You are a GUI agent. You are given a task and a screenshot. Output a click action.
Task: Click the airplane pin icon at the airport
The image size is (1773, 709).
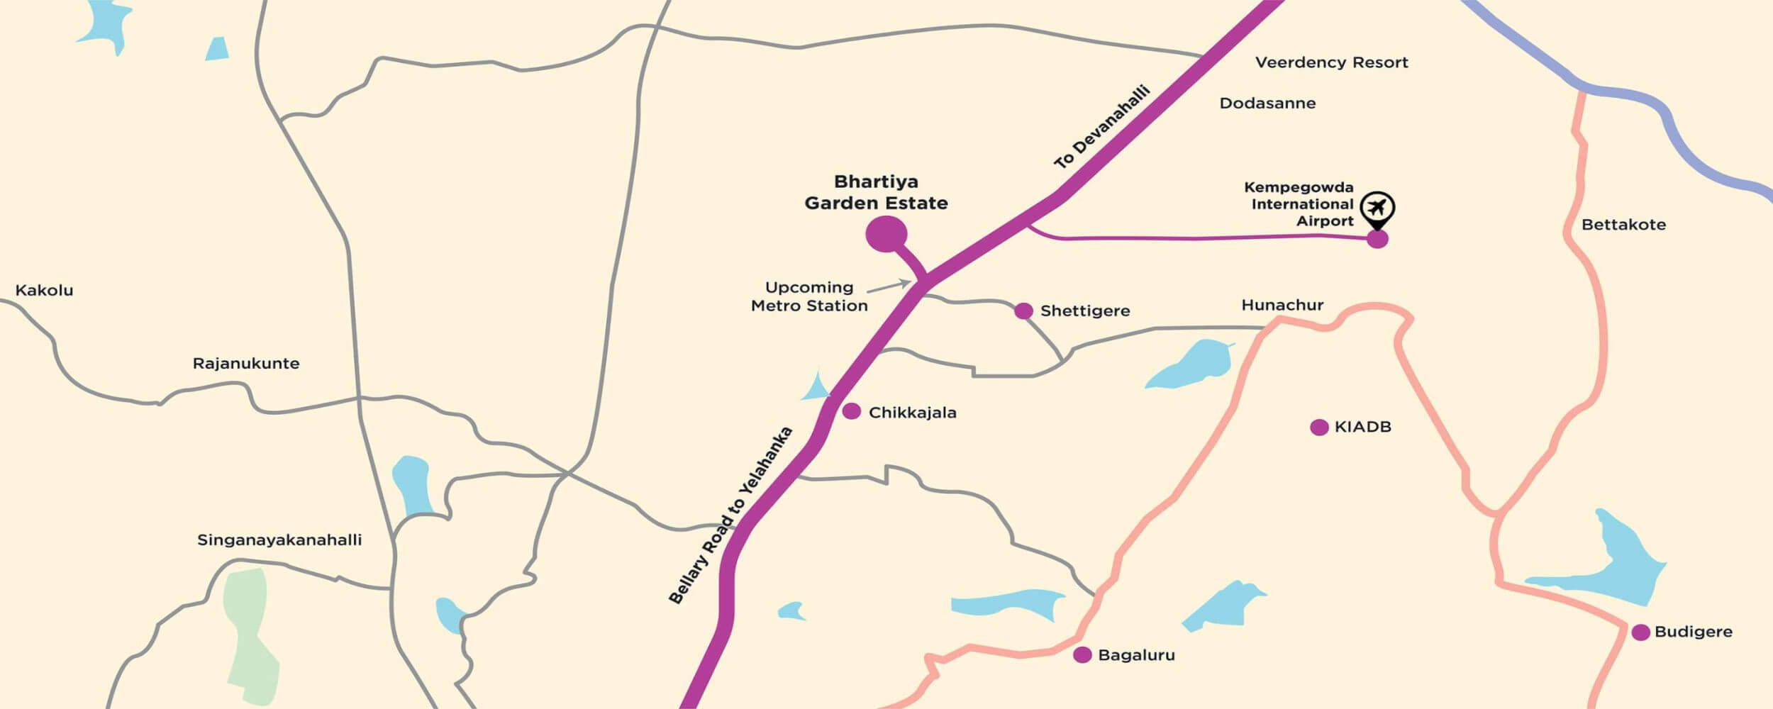[1377, 208]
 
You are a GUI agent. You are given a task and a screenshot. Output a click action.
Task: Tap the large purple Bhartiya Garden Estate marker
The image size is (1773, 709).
[887, 234]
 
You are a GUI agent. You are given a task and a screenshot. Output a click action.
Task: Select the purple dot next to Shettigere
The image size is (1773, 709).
[1023, 311]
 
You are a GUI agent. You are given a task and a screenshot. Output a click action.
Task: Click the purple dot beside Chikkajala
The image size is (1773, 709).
[851, 411]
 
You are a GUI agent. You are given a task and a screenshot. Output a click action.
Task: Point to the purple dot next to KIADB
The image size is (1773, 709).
[1319, 427]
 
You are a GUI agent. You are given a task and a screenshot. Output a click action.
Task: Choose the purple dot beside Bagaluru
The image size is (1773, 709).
[1082, 654]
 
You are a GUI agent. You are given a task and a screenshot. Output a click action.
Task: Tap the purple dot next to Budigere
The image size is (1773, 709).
[1640, 632]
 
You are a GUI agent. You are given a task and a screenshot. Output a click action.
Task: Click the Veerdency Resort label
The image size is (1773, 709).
[1331, 62]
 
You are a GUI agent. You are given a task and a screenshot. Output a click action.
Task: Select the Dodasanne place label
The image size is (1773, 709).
[1267, 104]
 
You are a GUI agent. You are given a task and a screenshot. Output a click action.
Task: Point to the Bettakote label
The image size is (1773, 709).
[1623, 225]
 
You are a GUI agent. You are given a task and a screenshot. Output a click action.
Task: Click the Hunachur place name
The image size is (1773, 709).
[1282, 306]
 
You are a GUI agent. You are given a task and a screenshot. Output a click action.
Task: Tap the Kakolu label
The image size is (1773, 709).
[44, 290]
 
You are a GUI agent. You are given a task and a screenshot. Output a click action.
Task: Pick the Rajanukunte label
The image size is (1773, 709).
[246, 364]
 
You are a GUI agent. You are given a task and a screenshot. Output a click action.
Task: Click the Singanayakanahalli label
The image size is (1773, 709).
[279, 540]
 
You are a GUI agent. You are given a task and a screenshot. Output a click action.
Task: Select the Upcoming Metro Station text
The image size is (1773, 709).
[809, 296]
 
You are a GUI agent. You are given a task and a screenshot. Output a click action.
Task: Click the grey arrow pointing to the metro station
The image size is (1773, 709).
[889, 286]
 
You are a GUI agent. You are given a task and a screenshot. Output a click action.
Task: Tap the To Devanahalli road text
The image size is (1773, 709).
[1101, 126]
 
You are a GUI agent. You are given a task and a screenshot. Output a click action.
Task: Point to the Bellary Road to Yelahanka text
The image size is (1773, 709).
[730, 515]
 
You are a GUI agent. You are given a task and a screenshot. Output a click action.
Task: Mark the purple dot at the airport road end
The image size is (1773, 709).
[1377, 239]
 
